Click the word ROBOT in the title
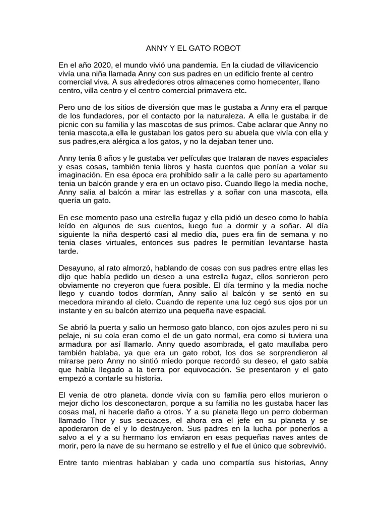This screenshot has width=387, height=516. (x=227, y=48)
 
